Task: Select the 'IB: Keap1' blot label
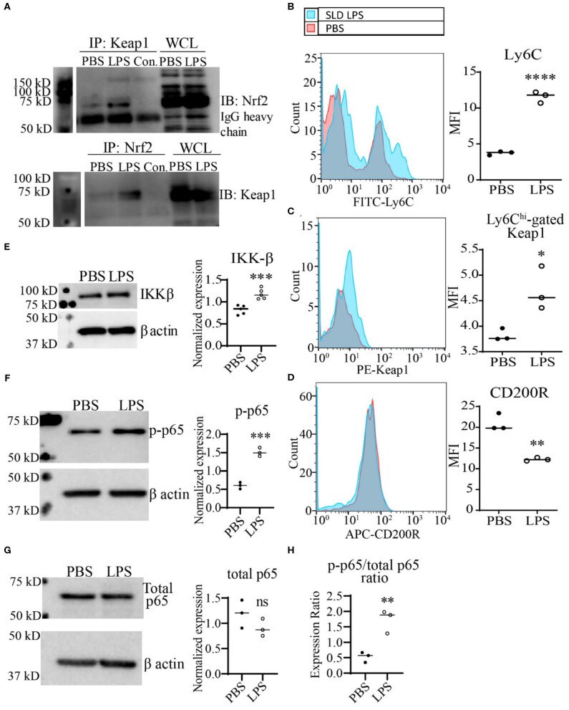(240, 192)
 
